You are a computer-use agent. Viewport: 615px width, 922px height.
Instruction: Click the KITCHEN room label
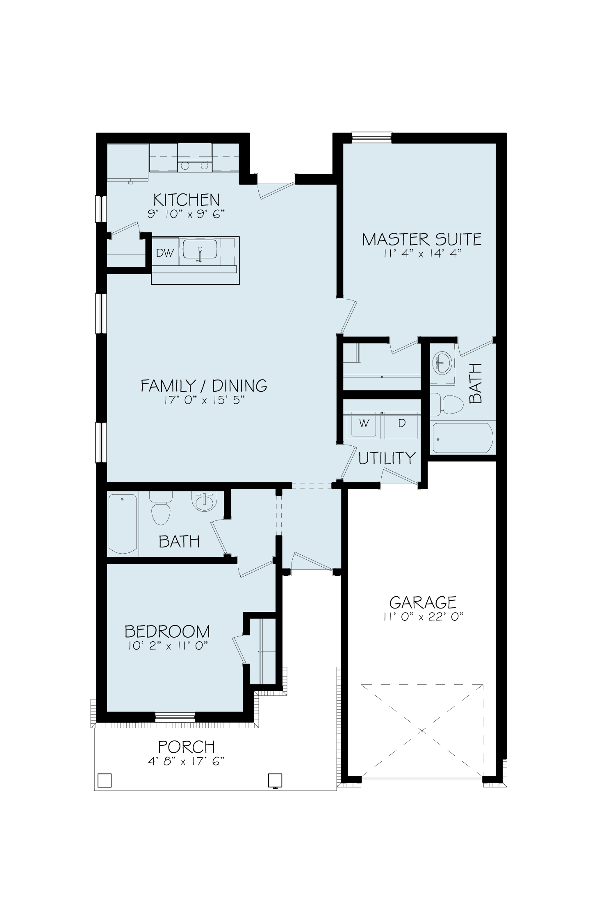[x=187, y=200]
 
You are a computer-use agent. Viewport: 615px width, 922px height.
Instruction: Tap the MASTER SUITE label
[x=422, y=239]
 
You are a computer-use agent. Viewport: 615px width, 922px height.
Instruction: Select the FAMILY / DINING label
[x=204, y=386]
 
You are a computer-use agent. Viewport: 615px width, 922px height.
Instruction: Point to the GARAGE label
[x=423, y=602]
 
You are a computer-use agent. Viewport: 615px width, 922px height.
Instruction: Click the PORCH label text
[x=187, y=747]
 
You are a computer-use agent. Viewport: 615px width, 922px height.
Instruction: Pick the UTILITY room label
[x=387, y=458]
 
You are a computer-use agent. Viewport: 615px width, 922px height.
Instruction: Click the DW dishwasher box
[x=165, y=253]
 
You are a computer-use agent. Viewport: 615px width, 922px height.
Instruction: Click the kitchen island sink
[x=200, y=250]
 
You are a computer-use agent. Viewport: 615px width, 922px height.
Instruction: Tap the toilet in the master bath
[x=446, y=404]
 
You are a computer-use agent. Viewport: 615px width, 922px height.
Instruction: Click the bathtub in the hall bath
[x=123, y=524]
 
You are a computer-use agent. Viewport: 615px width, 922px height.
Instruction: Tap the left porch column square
[x=105, y=780]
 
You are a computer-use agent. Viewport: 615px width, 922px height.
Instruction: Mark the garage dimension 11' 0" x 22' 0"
[x=423, y=618]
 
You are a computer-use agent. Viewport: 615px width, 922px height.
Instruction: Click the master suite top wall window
[x=371, y=137]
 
